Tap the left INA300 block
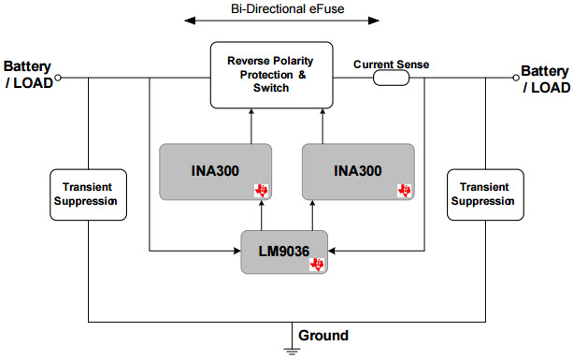coord(216,171)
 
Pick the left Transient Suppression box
coord(87,194)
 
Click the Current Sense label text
coord(392,65)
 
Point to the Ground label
coord(323,335)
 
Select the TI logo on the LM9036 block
coord(317,265)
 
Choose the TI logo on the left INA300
coord(262,190)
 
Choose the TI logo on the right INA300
coord(404,190)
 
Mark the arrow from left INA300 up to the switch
coord(251,124)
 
